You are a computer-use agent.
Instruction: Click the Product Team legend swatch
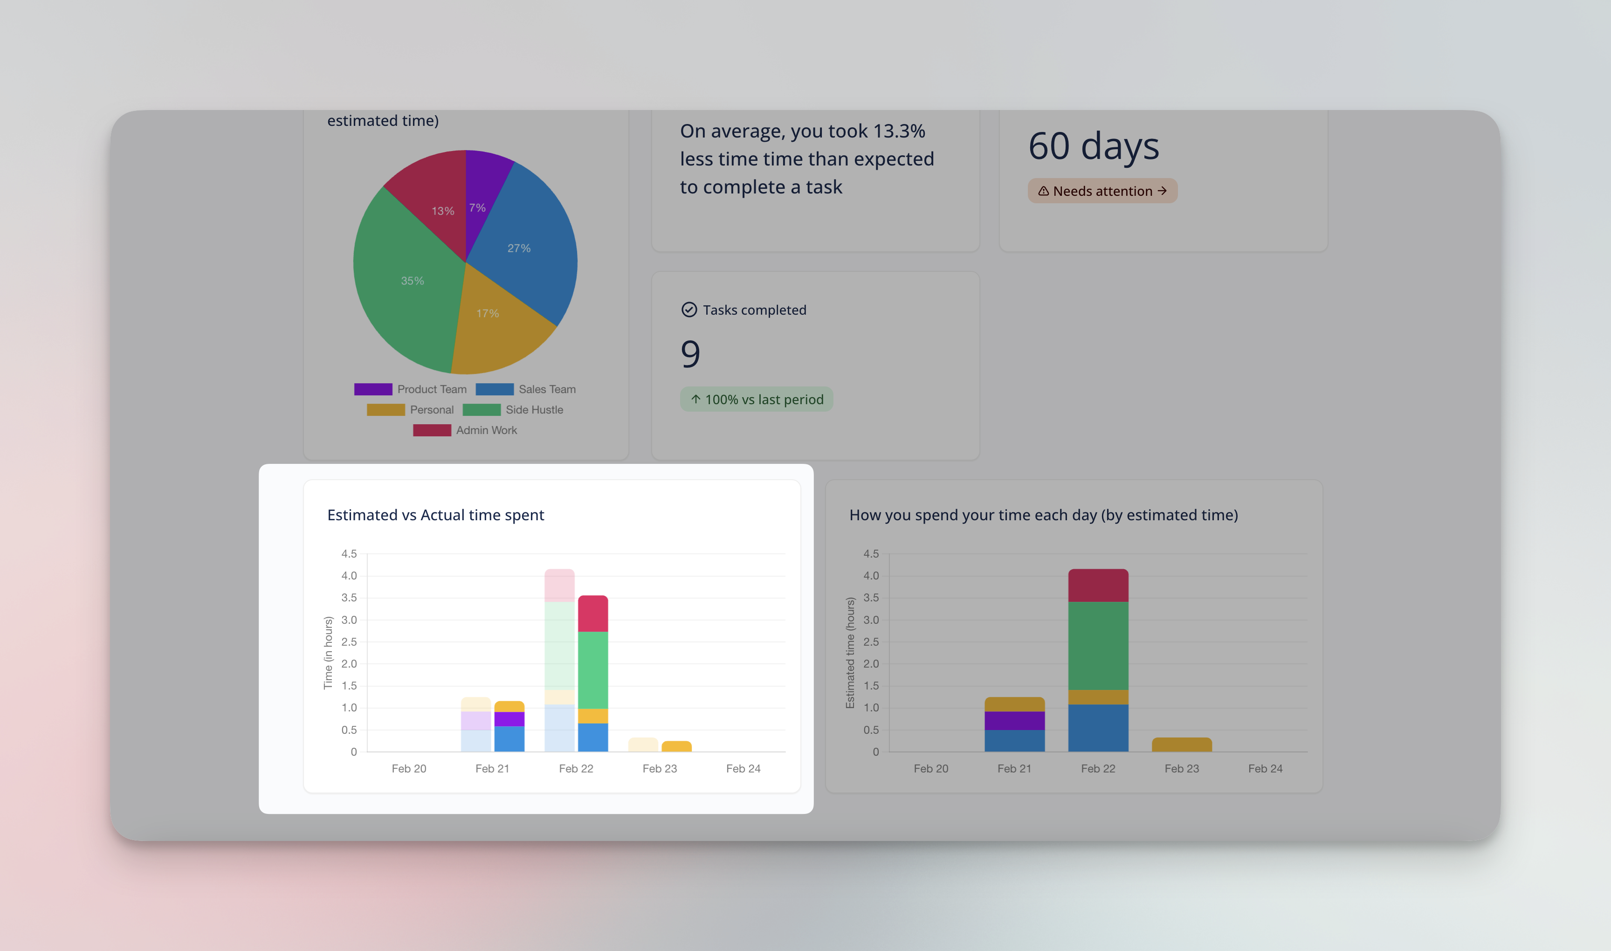(373, 389)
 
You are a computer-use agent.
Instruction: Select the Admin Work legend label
(486, 430)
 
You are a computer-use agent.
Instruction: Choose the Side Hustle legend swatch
(481, 409)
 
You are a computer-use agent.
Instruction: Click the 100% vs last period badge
(756, 399)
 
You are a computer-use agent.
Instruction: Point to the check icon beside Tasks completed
(689, 310)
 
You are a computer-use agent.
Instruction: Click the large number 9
(690, 354)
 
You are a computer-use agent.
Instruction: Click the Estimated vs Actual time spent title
(436, 515)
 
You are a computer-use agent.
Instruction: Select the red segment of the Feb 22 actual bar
(593, 613)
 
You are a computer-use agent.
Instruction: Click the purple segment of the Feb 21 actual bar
(509, 719)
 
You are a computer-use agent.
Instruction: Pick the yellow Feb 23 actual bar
(677, 746)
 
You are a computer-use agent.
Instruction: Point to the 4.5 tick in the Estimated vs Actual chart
(349, 554)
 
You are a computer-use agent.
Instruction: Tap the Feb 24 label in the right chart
(1265, 768)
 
